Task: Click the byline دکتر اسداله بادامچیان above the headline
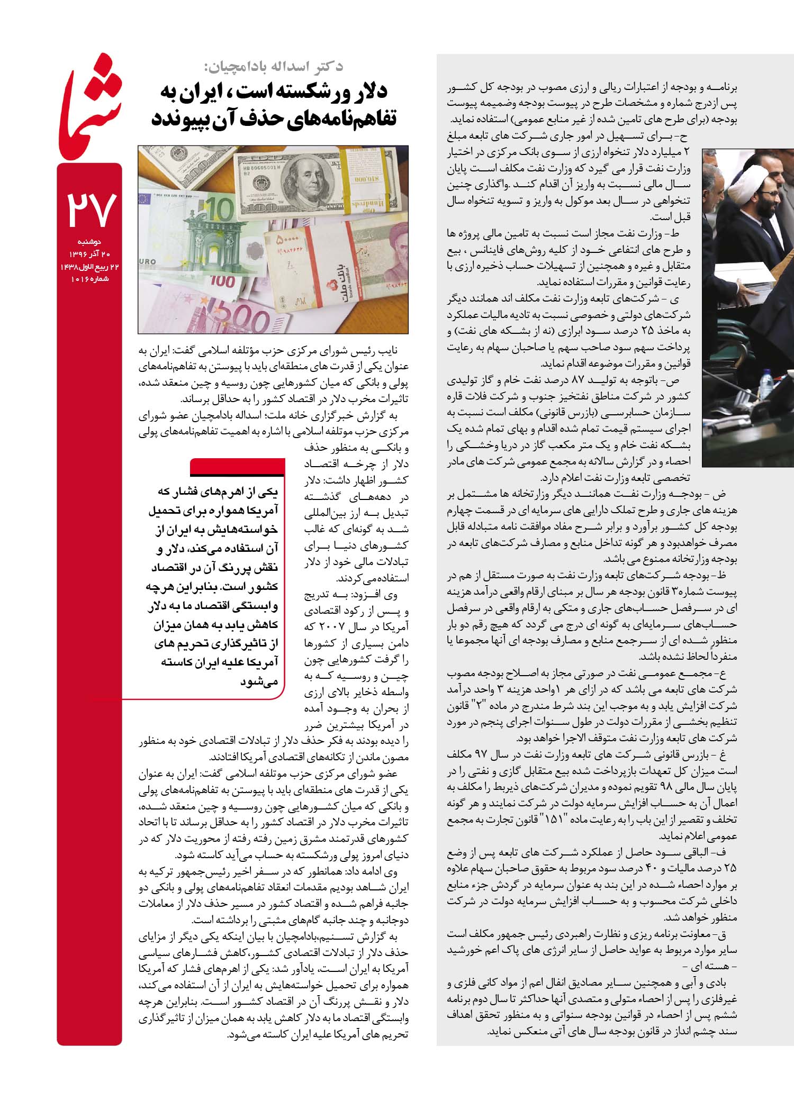(x=274, y=67)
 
